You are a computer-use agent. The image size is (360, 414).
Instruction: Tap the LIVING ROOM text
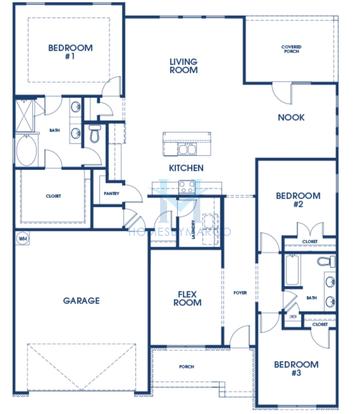pos(183,66)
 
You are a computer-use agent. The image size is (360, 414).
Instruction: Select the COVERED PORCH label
pos(293,51)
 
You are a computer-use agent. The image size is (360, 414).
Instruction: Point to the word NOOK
pos(291,117)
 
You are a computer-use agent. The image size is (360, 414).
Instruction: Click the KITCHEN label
pos(187,167)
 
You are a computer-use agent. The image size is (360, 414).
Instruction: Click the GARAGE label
pos(80,300)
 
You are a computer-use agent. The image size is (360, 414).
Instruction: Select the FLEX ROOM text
pos(190,299)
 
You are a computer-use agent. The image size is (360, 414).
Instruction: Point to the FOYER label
pos(239,293)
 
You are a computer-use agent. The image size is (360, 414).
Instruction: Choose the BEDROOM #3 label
pos(297,367)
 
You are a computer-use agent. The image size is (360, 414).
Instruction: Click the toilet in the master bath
pos(93,131)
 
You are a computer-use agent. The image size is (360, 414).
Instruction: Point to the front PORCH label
pos(187,366)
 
